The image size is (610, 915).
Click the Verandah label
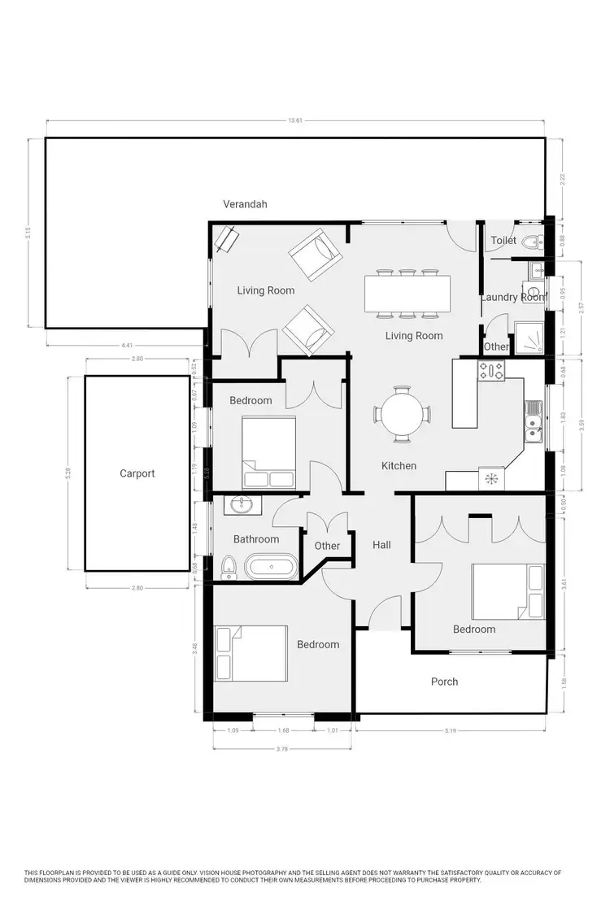click(245, 204)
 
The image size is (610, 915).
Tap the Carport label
click(137, 473)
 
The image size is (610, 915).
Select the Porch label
click(444, 682)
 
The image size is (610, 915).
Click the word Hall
click(382, 545)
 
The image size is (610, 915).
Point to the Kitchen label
click(399, 466)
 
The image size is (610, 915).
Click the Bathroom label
click(256, 539)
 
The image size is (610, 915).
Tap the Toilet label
click(503, 241)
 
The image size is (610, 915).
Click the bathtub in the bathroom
click(272, 566)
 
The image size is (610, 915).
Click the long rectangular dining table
click(407, 294)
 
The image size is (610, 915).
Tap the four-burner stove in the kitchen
click(491, 371)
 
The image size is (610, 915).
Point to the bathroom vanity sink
click(242, 506)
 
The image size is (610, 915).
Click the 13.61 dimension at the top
click(295, 120)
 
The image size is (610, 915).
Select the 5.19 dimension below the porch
click(451, 730)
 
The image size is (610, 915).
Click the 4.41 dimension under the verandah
click(127, 346)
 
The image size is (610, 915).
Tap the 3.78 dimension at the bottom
click(282, 748)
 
